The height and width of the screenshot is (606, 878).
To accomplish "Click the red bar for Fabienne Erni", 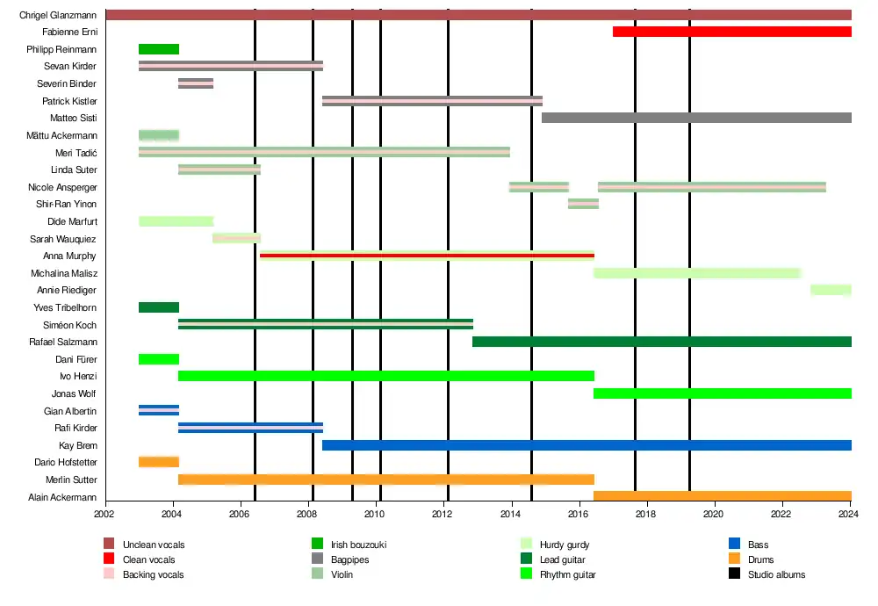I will [x=731, y=32].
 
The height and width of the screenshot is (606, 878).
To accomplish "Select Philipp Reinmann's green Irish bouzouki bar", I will [x=159, y=49].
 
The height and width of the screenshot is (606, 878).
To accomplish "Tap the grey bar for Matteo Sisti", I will [x=696, y=118].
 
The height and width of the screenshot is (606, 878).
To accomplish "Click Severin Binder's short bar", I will [x=196, y=83].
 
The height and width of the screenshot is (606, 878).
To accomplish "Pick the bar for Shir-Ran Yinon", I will [x=583, y=204].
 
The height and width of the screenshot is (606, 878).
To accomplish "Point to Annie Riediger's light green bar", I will [x=831, y=290].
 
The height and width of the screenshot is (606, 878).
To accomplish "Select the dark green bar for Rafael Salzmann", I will [x=661, y=342].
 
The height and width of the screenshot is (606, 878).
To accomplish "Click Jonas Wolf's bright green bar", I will [x=722, y=393].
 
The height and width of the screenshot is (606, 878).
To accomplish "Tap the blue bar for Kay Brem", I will [x=587, y=445].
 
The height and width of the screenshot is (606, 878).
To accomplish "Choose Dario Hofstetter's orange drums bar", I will [x=159, y=462].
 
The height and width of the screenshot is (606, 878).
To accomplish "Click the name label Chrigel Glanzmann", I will [x=58, y=15].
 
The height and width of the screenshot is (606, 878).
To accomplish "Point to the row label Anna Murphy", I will [x=69, y=256].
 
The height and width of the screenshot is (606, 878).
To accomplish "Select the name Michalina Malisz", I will [x=63, y=273].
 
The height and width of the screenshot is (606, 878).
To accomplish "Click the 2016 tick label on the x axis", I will [x=579, y=514].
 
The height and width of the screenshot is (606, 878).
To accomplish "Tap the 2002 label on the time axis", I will [x=105, y=514].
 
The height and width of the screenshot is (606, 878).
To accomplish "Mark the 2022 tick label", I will [x=781, y=514].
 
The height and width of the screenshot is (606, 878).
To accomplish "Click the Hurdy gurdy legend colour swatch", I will [x=526, y=545].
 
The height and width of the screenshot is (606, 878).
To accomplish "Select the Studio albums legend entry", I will [x=776, y=574].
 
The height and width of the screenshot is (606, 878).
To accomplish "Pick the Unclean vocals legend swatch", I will [x=109, y=545].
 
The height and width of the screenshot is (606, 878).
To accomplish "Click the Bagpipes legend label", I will [x=349, y=559].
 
